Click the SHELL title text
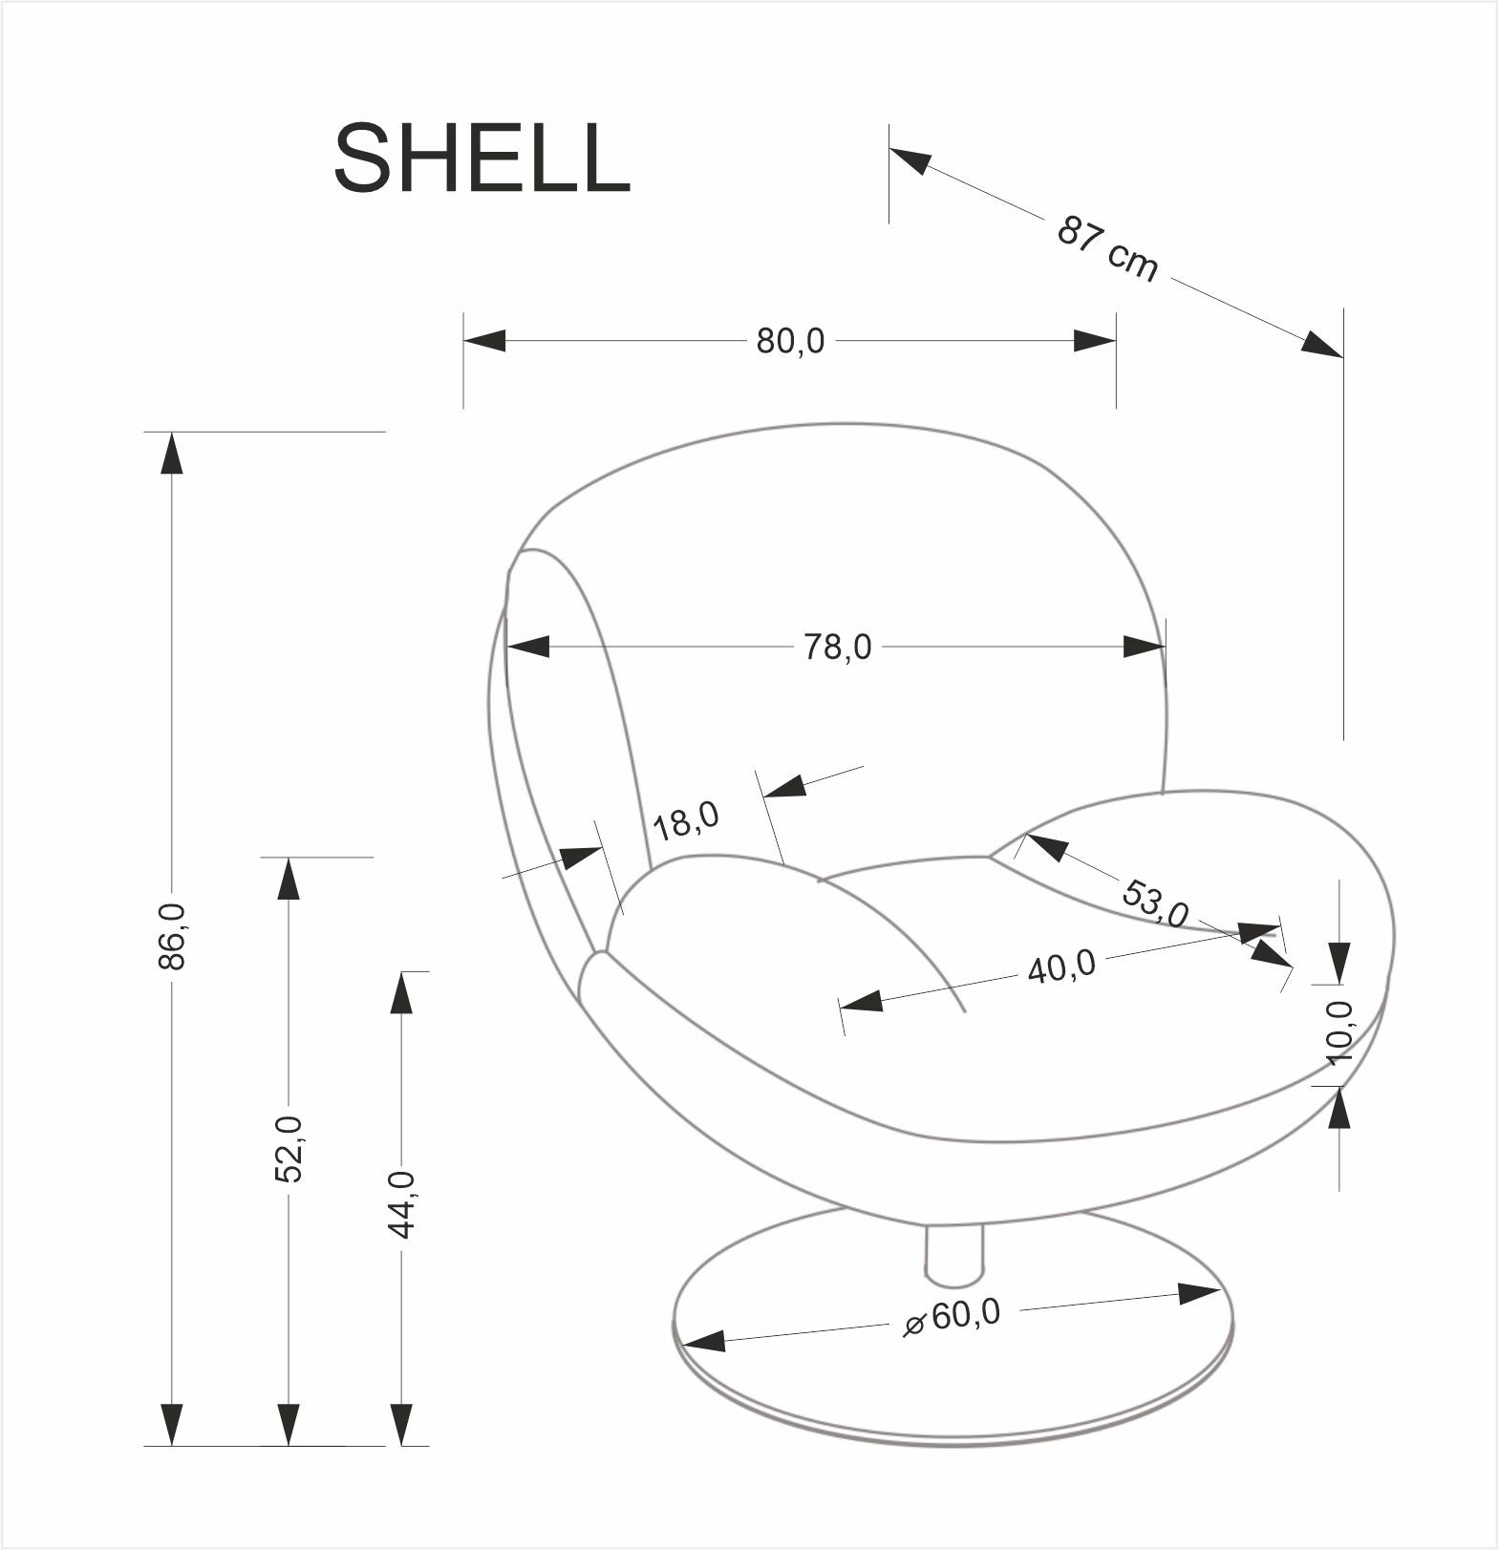click(x=482, y=159)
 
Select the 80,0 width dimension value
click(x=790, y=341)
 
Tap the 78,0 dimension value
click(x=837, y=648)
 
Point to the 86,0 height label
click(x=173, y=936)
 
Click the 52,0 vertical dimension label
click(x=289, y=1149)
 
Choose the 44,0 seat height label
click(x=401, y=1204)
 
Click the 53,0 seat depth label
click(x=1154, y=903)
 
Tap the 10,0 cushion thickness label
click(x=1340, y=1032)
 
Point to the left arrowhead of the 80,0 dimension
click(x=483, y=340)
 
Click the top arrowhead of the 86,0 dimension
click(x=172, y=453)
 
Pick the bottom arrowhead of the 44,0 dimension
click(x=401, y=1424)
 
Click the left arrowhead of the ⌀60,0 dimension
click(x=704, y=1342)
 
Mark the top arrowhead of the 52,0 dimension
click(x=288, y=879)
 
